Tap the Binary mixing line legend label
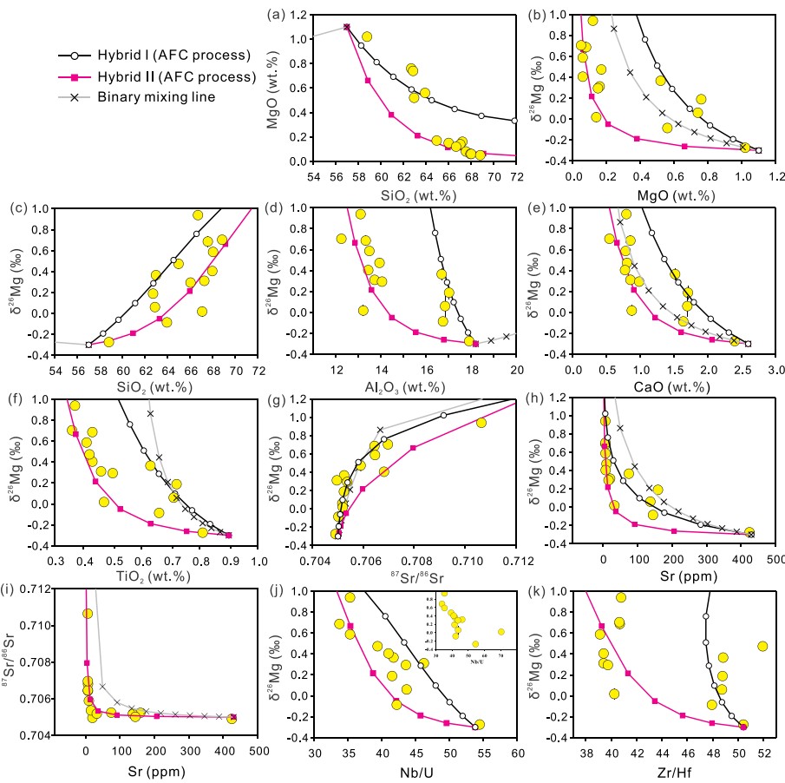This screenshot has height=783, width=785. coord(156,97)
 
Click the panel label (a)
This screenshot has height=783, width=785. coord(277,14)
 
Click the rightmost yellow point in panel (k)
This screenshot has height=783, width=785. coord(763,646)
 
